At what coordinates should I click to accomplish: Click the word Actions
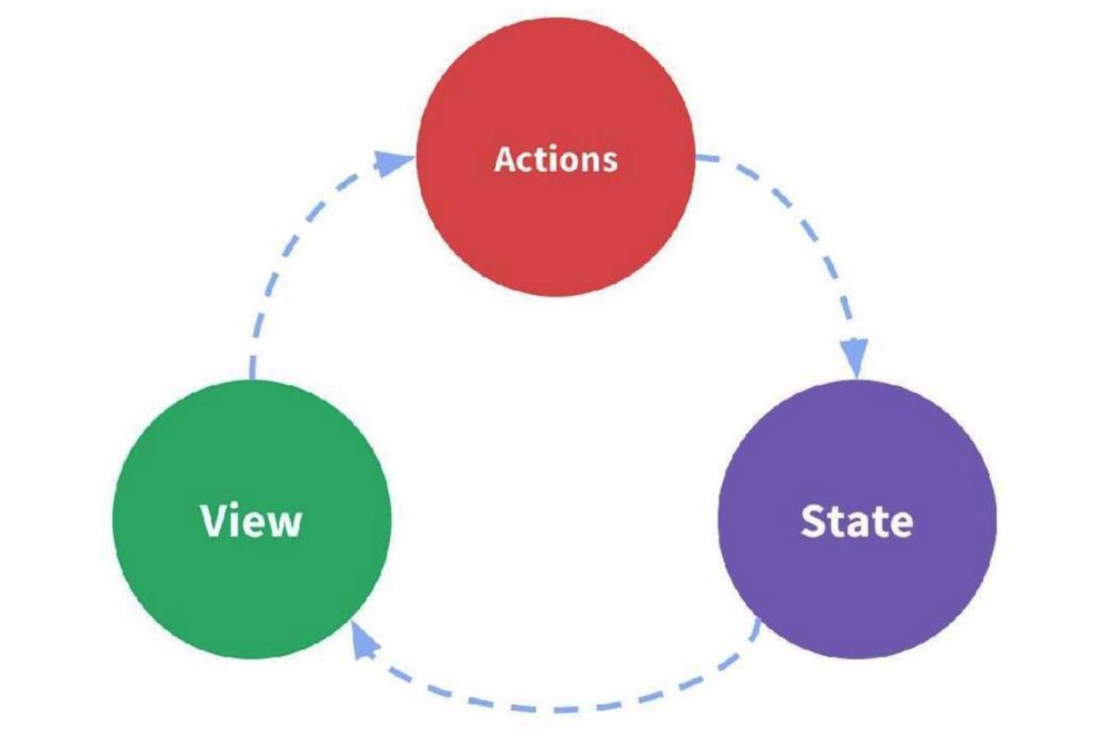tap(555, 160)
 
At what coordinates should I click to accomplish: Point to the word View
tap(251, 520)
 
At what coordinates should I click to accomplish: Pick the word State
tap(856, 521)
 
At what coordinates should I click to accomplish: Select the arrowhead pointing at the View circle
tap(362, 638)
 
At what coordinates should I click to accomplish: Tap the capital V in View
tap(215, 520)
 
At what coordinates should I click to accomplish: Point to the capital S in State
tap(813, 521)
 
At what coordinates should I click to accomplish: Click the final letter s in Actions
tap(608, 162)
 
